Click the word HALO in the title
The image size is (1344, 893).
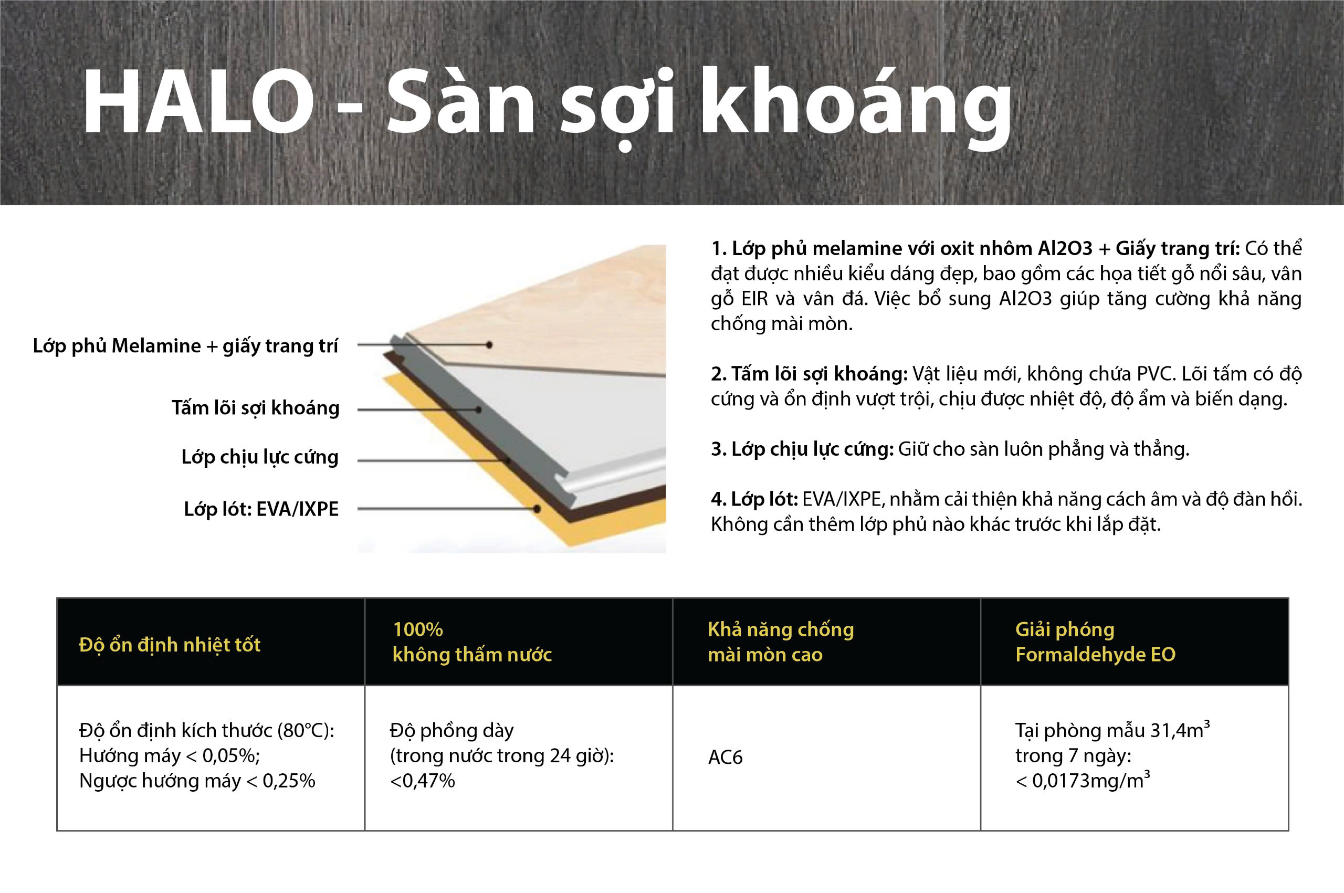(x=199, y=101)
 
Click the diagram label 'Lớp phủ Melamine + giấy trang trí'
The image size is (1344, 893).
(x=186, y=345)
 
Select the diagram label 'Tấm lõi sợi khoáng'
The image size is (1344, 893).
(x=256, y=408)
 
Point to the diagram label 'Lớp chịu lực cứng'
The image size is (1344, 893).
(x=260, y=457)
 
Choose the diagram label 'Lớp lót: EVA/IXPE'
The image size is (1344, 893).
(x=261, y=509)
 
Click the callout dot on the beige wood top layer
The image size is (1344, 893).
(x=489, y=344)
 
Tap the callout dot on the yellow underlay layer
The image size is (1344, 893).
(x=537, y=509)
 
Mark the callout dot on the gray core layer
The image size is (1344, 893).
(x=478, y=409)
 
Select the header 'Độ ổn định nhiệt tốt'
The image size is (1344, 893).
(x=170, y=645)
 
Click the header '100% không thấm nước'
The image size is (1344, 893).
(x=472, y=642)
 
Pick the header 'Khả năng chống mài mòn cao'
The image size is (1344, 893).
(x=781, y=642)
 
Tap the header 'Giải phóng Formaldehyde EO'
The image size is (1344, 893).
(x=1095, y=642)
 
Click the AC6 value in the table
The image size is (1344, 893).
(x=726, y=758)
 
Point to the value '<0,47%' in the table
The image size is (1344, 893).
(x=423, y=781)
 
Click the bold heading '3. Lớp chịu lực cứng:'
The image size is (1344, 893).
(x=802, y=449)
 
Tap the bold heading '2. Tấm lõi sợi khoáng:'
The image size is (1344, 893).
(x=809, y=374)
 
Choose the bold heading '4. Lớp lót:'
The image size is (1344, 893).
(x=754, y=499)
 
